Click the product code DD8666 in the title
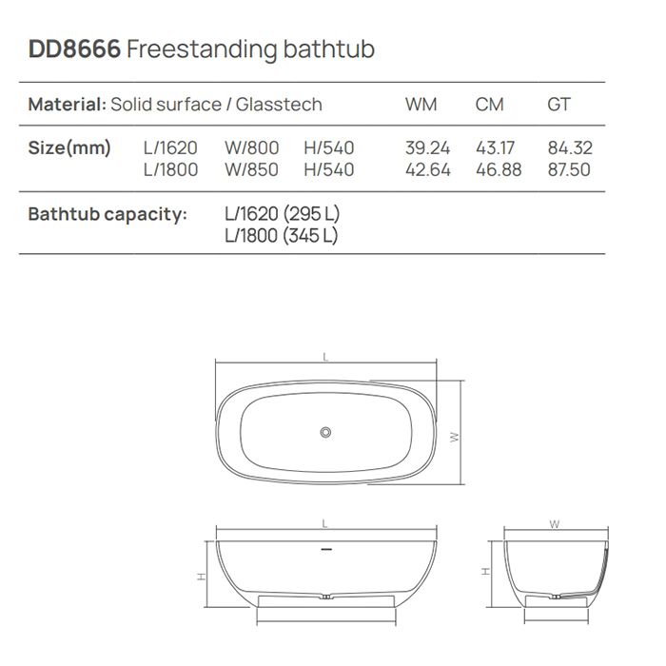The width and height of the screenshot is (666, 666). [74, 49]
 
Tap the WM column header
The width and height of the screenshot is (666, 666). [421, 105]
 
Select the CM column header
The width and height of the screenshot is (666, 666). [489, 105]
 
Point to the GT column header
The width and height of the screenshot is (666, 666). [558, 105]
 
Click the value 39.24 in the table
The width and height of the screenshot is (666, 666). [427, 148]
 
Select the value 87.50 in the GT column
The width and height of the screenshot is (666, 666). [569, 169]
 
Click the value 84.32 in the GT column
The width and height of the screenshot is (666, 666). [569, 148]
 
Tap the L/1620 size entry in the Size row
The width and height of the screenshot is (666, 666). [170, 148]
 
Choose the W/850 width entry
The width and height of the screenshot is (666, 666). [251, 169]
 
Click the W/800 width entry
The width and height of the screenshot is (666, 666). [251, 148]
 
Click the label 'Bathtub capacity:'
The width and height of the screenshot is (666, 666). [108, 214]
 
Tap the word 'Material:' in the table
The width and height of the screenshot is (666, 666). [67, 105]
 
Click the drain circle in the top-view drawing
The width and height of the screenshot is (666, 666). [326, 433]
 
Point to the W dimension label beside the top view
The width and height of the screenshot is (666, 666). [455, 437]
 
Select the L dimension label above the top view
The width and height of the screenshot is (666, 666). [325, 357]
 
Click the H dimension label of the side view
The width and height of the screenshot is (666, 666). [201, 578]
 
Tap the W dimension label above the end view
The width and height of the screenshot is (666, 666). [555, 524]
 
